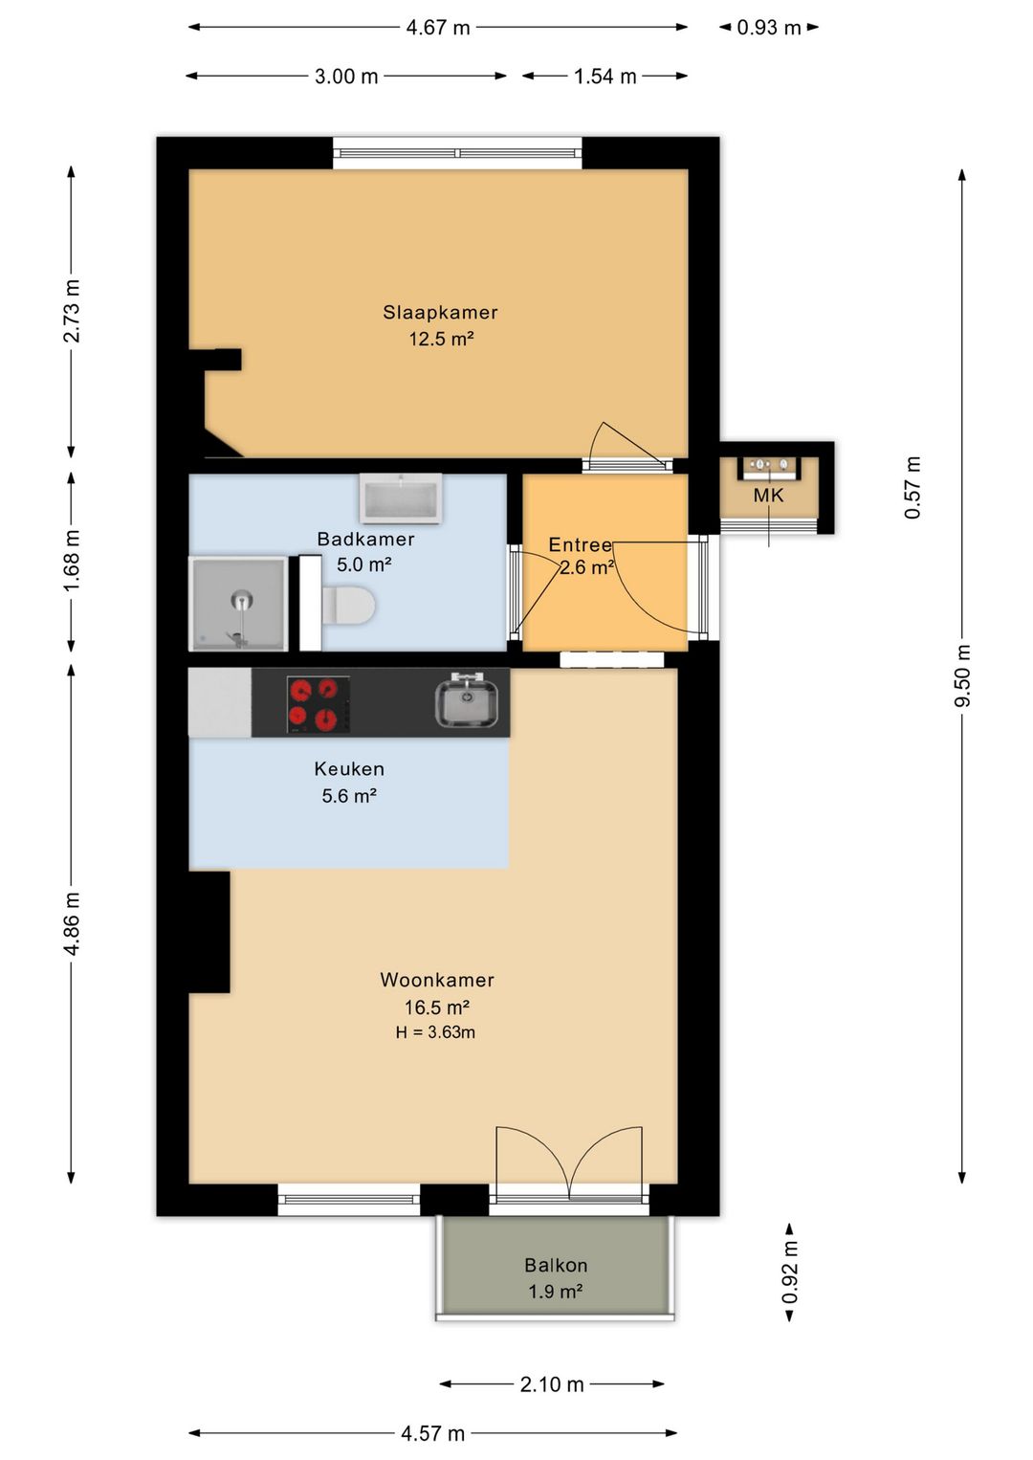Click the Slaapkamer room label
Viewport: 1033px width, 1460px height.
tap(440, 313)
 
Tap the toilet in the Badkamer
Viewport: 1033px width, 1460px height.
tap(349, 605)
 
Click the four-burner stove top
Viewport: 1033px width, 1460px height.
tap(319, 704)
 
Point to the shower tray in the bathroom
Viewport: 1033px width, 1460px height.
tap(238, 604)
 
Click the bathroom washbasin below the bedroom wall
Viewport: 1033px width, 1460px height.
tap(401, 499)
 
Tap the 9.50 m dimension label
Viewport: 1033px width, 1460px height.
tap(962, 675)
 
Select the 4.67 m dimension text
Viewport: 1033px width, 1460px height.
tap(438, 28)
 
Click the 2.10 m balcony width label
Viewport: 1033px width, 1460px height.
tap(551, 1384)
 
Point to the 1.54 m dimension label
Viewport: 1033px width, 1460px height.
tap(604, 77)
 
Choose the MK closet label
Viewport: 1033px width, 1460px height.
tap(768, 496)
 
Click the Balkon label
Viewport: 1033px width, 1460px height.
tap(556, 1266)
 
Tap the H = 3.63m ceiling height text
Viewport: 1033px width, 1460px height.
tap(435, 1032)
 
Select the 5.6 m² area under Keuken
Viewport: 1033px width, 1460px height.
tap(349, 796)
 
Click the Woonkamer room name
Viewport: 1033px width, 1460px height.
tap(437, 980)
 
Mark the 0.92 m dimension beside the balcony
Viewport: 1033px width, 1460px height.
tap(790, 1272)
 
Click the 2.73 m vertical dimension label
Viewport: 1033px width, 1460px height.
tap(71, 311)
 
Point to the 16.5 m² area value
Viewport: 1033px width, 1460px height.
tap(437, 1007)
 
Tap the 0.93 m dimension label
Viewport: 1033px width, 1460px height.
tap(768, 28)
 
